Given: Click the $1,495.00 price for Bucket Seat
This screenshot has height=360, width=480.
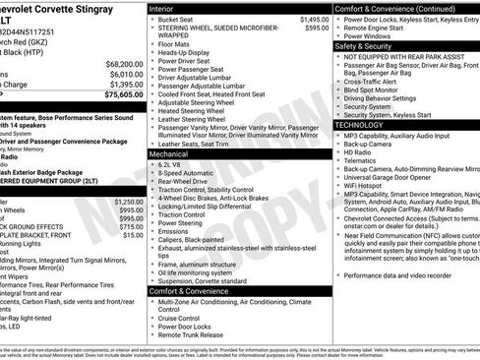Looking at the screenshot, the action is click(x=314, y=20).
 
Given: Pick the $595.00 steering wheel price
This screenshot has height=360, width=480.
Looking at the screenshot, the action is click(x=317, y=29).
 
